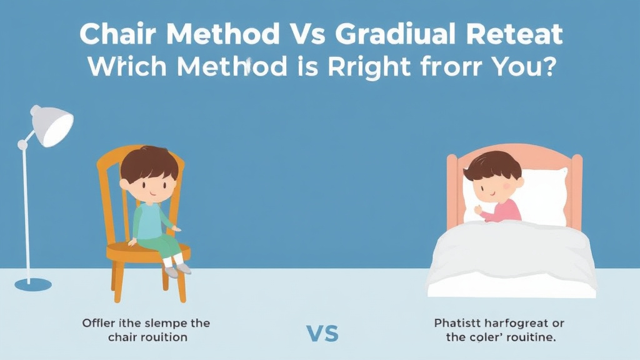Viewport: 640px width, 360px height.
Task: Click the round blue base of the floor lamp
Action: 33,284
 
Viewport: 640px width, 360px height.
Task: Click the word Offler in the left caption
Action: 99,323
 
